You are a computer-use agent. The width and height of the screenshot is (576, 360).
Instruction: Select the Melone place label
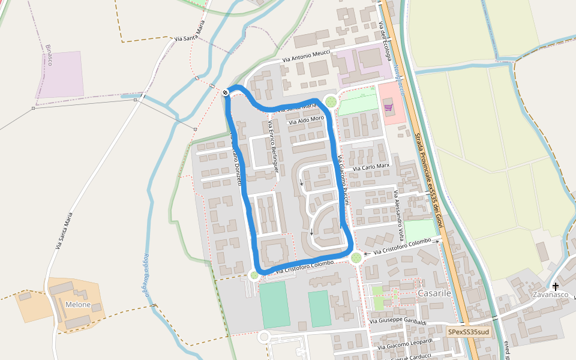coord(78,304)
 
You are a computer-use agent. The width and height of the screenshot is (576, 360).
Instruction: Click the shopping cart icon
coord(388,107)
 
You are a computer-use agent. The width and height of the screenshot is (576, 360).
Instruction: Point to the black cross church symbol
coord(556,286)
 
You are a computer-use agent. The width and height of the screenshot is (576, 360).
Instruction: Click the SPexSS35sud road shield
coord(468,331)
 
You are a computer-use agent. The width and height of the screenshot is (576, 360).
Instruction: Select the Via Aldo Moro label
coord(306,120)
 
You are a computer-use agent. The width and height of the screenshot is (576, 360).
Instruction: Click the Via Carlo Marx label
coord(371,167)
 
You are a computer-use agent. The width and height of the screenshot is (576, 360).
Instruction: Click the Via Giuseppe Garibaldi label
coord(398,322)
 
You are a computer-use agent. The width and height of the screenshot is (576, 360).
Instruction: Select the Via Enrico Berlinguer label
coord(273,147)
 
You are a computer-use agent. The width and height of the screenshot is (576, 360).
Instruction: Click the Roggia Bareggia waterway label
coord(145,274)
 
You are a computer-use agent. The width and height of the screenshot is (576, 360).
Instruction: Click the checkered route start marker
coord(224,92)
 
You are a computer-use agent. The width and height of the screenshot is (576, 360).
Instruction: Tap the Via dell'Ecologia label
coord(385,41)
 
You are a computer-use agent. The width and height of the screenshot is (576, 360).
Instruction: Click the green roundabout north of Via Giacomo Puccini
coord(331,101)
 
